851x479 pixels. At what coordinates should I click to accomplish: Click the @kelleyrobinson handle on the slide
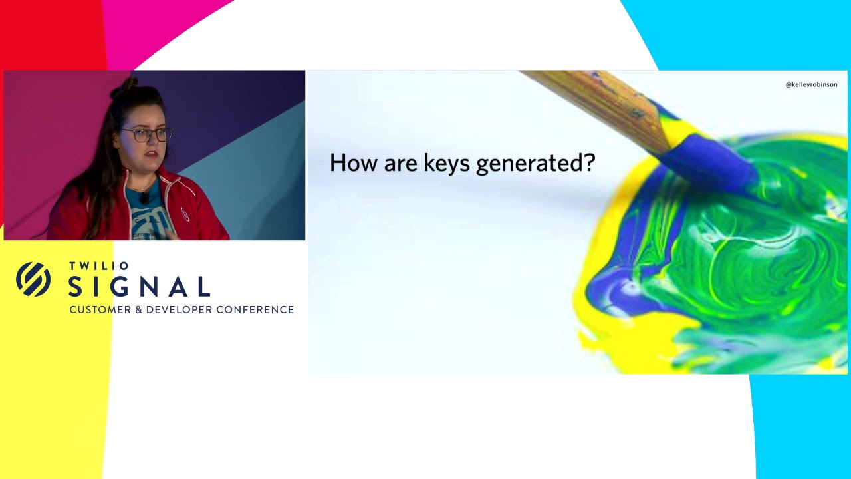(811, 84)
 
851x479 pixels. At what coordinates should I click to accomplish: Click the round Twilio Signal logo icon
(33, 279)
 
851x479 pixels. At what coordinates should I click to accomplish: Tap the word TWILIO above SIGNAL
(98, 266)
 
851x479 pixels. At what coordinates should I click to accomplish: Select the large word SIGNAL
(140, 287)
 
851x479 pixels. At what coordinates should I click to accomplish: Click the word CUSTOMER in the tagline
(100, 310)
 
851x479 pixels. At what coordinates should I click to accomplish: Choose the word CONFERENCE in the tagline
(255, 310)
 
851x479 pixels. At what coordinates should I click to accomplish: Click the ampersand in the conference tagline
(138, 310)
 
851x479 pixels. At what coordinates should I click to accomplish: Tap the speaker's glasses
(146, 134)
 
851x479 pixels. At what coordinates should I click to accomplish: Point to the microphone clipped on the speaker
(144, 198)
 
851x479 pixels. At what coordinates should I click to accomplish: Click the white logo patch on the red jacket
(185, 214)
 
